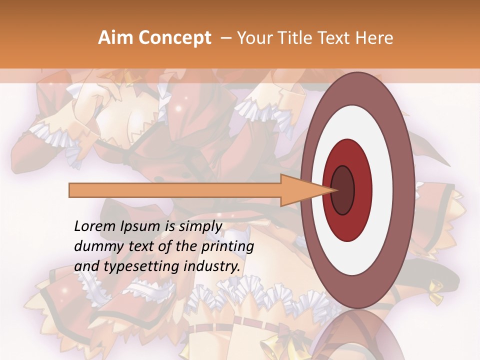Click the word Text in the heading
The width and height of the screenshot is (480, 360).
336,38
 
